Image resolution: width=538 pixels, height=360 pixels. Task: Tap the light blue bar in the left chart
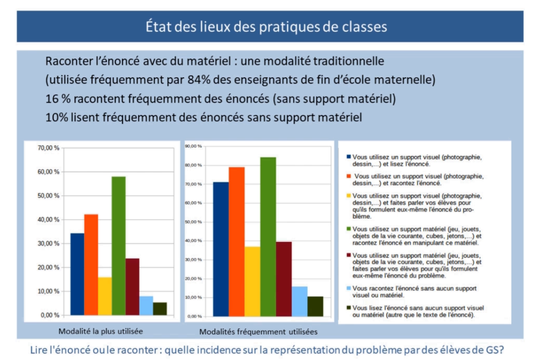[x=146, y=305]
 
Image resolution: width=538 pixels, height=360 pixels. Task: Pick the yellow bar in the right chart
[x=253, y=281]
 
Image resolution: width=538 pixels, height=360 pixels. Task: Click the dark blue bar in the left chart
[x=77, y=274]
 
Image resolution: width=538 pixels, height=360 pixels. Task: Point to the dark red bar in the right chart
[x=284, y=278]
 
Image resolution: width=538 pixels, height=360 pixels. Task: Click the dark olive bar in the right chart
[x=315, y=306]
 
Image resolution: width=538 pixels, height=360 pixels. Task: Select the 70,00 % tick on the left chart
[x=49, y=148]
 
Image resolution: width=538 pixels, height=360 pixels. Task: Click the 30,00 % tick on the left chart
[x=49, y=243]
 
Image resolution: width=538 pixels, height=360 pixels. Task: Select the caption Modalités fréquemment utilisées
[x=259, y=332]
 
